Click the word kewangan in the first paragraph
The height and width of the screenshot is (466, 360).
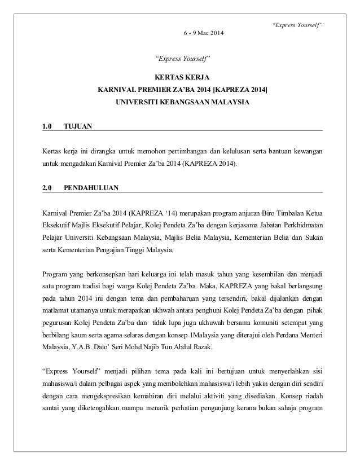(308, 151)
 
